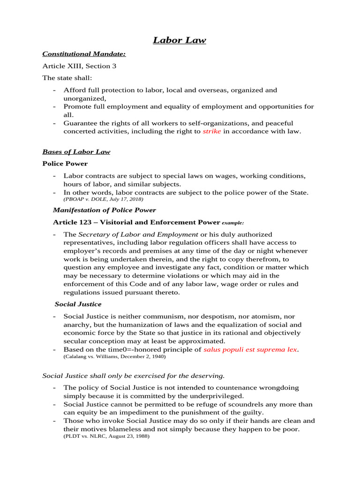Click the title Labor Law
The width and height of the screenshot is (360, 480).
(x=180, y=40)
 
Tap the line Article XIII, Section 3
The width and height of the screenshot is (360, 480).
(x=79, y=66)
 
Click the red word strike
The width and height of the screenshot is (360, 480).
(x=211, y=132)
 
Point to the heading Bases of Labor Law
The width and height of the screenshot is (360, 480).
(x=76, y=152)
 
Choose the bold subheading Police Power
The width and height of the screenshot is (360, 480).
(x=65, y=164)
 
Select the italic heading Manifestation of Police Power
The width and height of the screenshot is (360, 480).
(x=105, y=210)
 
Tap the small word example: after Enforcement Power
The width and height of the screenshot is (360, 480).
(x=233, y=223)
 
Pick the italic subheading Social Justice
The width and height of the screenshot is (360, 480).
(x=78, y=304)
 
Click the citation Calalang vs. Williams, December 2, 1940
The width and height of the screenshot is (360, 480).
(x=114, y=357)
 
